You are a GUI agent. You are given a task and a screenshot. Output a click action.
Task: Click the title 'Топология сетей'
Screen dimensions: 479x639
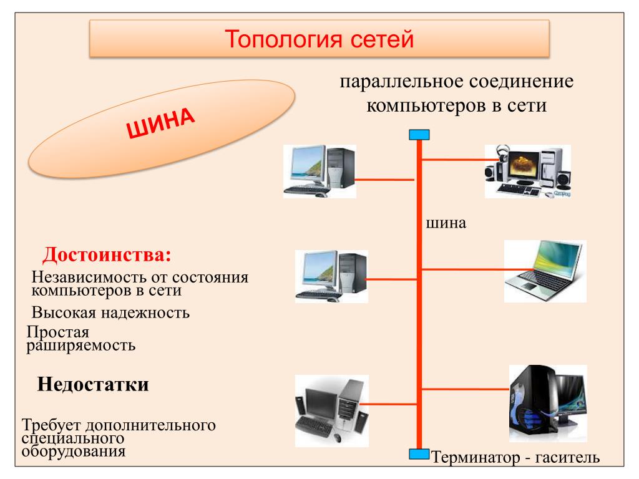pos(319,41)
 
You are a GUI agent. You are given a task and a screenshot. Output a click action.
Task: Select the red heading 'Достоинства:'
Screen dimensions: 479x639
pos(106,255)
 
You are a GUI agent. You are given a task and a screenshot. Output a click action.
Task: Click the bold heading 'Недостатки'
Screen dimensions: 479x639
pos(93,384)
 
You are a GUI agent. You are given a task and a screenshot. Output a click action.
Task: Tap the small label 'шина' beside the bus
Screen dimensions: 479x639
pos(446,223)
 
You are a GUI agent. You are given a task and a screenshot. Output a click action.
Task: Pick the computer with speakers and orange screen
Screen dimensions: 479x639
pos(527,171)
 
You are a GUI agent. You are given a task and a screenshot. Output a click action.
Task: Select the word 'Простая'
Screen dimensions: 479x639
pos(58,332)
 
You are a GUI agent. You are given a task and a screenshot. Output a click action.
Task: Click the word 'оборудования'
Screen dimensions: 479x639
pos(74,452)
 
